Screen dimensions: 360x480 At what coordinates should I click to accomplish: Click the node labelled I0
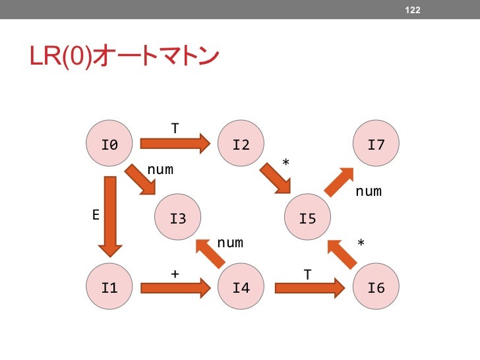pyautogui.click(x=109, y=144)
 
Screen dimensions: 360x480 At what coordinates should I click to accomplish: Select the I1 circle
pyautogui.click(x=109, y=287)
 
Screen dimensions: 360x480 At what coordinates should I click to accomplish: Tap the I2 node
pyautogui.click(x=241, y=144)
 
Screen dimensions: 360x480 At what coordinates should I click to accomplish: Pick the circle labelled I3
pyautogui.click(x=178, y=218)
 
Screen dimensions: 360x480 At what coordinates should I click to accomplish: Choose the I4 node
pyautogui.click(x=241, y=287)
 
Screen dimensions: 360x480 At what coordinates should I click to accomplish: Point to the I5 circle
pyautogui.click(x=308, y=218)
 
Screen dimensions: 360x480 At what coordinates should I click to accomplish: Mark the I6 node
pyautogui.click(x=376, y=287)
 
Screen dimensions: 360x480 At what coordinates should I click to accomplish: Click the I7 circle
pyautogui.click(x=376, y=144)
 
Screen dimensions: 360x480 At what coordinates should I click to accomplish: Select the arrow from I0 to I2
pyautogui.click(x=175, y=143)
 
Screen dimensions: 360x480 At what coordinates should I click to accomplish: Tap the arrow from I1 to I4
pyautogui.click(x=175, y=287)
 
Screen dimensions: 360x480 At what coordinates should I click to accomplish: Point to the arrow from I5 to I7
pyautogui.click(x=340, y=181)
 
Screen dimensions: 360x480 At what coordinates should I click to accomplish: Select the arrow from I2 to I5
pyautogui.click(x=275, y=178)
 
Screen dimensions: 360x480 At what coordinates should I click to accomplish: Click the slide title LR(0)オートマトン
pyautogui.click(x=124, y=58)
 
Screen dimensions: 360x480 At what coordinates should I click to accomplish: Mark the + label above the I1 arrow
pyautogui.click(x=174, y=272)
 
